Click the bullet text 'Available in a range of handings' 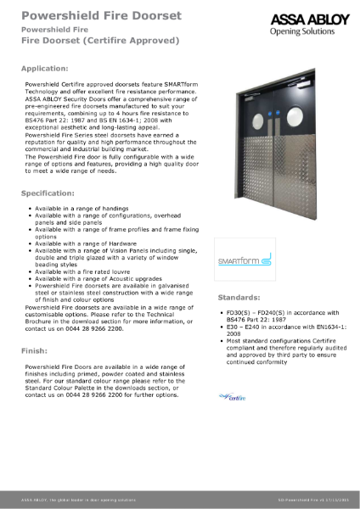tap(82, 208)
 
